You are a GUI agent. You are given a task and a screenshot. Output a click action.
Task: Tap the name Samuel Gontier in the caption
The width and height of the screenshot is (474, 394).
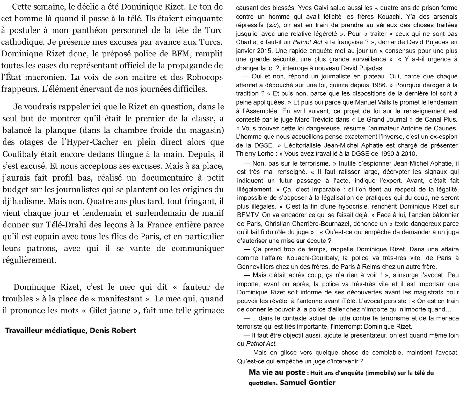tap(307, 382)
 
